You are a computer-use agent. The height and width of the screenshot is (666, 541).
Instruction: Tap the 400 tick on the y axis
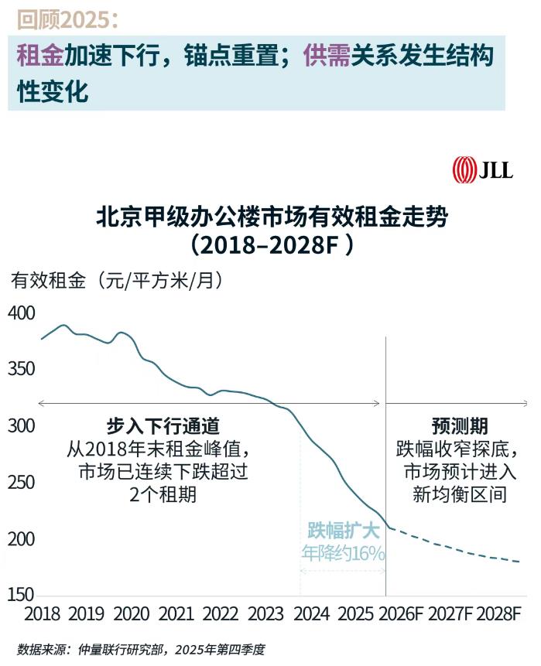(22, 313)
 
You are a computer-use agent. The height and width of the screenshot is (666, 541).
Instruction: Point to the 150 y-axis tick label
(22, 595)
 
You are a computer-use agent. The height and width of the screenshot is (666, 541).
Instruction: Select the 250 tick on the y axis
(22, 483)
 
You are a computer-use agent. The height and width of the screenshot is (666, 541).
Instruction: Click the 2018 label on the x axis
(43, 614)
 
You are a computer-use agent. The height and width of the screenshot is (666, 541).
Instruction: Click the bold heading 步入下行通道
(163, 426)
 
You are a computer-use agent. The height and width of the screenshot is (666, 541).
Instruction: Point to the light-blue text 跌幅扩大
(343, 531)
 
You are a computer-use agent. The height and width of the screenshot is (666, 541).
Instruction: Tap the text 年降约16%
(343, 553)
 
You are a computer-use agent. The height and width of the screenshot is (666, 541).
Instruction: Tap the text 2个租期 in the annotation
(163, 494)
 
